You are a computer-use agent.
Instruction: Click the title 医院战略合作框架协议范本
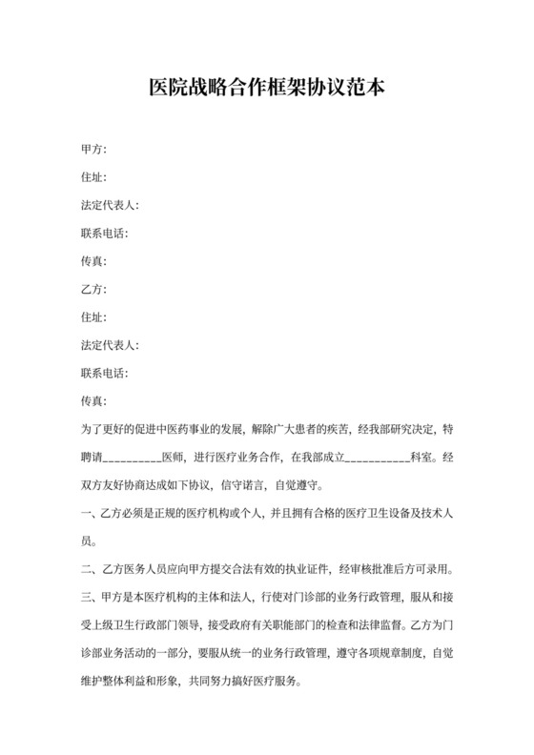pyautogui.click(x=267, y=87)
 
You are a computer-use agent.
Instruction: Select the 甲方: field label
pyautogui.click(x=93, y=150)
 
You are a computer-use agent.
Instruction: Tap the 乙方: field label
pyautogui.click(x=93, y=288)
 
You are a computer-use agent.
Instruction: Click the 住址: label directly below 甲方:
pyautogui.click(x=93, y=177)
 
